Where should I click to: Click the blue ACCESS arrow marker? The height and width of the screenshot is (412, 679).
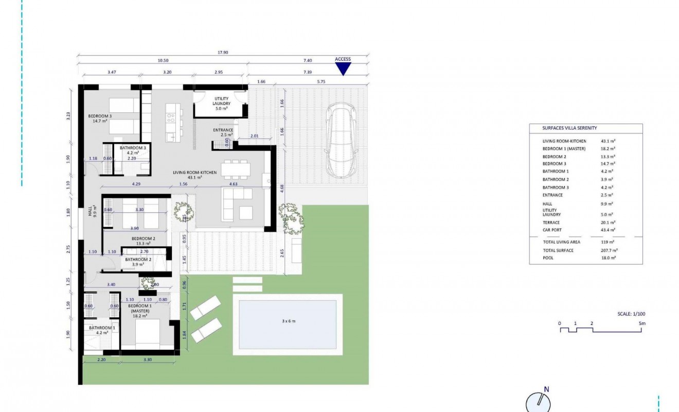[x=343, y=69]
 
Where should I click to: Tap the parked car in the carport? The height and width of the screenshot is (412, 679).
[x=341, y=140]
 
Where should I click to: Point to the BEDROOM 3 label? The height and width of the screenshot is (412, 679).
[x=100, y=118]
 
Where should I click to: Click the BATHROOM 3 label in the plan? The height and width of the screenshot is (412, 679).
[x=133, y=150]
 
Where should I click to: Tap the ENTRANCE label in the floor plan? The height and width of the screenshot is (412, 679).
[x=223, y=132]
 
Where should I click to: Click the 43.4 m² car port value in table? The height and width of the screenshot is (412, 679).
[x=609, y=230]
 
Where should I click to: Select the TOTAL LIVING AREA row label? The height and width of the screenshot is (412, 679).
[x=562, y=242]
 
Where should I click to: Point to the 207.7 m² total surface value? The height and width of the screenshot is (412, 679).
[x=609, y=250]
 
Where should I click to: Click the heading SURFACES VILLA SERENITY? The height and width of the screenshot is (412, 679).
[x=569, y=128]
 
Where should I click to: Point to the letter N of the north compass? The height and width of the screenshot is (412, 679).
[x=546, y=389]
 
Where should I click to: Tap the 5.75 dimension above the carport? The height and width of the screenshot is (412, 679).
[x=321, y=81]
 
